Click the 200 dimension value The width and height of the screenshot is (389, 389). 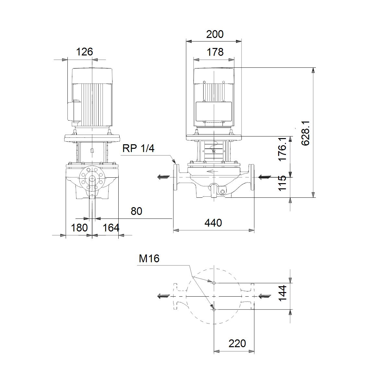[215, 34]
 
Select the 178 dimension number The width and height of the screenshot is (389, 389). [215, 52]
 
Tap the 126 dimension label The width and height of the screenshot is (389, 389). [84, 52]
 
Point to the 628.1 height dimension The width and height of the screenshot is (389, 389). [305, 133]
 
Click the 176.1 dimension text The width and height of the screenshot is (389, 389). [282, 149]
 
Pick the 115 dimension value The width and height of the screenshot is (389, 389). [282, 183]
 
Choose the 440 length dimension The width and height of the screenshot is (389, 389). [213, 223]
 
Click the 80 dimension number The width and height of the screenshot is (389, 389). [136, 211]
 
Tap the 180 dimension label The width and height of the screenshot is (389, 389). [79, 228]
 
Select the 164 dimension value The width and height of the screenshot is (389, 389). [111, 228]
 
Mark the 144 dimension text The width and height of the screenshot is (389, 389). [282, 293]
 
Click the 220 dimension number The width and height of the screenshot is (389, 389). [237, 343]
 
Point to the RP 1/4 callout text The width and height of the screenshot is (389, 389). [138, 148]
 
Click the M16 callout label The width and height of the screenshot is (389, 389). [149, 258]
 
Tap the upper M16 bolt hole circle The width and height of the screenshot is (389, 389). [214, 283]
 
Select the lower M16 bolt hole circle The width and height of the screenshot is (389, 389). [214, 310]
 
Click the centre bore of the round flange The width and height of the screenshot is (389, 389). [92, 179]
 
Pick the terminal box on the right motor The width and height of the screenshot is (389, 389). [214, 112]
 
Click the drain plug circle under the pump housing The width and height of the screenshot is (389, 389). [222, 192]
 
